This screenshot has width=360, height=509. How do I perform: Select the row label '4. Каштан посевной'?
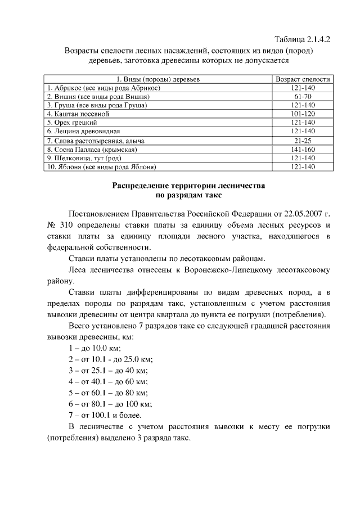pyautogui.click(x=74, y=113)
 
